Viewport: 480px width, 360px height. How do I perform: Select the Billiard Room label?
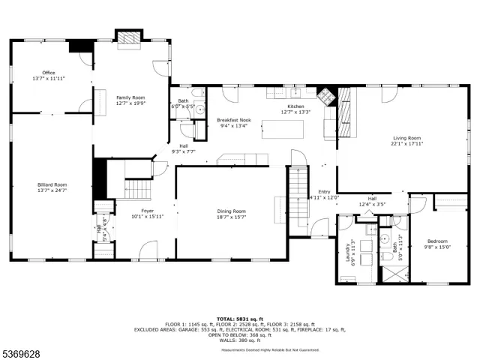[x=52, y=187]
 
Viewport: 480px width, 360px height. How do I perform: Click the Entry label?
[x=324, y=192]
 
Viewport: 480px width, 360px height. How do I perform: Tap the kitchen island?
[x=282, y=129]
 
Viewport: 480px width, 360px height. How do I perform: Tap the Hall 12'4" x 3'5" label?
[x=371, y=201]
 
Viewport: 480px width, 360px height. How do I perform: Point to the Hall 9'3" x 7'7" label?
[x=184, y=148]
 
